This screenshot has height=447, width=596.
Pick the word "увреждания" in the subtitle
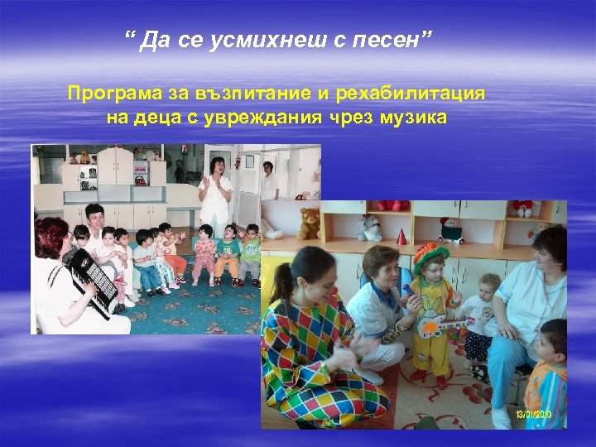pyautogui.click(x=268, y=117)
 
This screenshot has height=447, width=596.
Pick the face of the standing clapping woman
pyautogui.click(x=218, y=165)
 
